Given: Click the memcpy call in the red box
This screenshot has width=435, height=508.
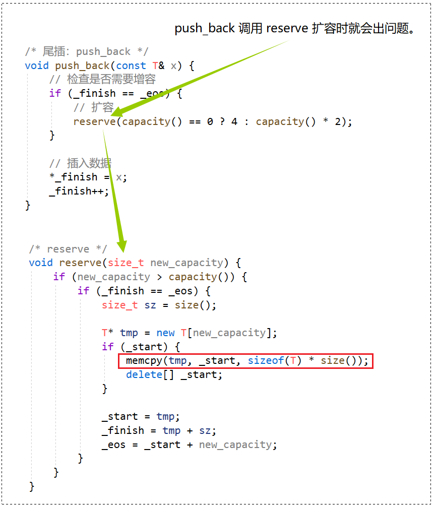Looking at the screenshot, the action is tap(245, 361).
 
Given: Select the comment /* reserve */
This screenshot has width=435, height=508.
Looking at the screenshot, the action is tap(68, 249).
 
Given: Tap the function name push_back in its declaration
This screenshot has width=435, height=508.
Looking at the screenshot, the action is tap(82, 66).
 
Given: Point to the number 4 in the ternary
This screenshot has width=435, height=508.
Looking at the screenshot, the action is tap(234, 121).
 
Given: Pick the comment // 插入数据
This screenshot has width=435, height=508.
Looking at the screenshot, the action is tap(80, 163).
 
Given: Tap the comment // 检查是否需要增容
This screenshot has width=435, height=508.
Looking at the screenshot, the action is tap(102, 80).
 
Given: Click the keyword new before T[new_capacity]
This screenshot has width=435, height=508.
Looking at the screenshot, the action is tap(165, 333).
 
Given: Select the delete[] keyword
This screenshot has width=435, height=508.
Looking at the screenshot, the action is tap(150, 374).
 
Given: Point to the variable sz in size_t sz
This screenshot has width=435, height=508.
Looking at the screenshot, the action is tap(150, 305).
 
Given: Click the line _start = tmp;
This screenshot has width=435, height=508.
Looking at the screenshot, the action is tap(141, 416).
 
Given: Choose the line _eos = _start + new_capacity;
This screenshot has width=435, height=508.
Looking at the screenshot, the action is tap(189, 444).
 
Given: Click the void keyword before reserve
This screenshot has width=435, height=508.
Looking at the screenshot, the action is tap(41, 263).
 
